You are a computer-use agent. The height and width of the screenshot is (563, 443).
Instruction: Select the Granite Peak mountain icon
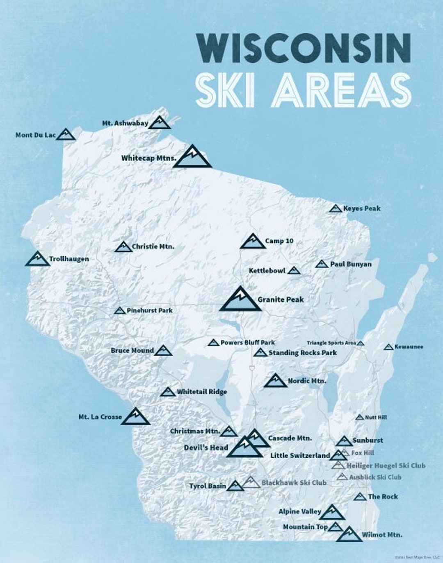(240, 300)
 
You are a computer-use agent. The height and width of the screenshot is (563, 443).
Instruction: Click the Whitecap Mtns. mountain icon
(192, 158)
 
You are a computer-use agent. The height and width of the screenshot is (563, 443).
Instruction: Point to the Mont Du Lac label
(35, 135)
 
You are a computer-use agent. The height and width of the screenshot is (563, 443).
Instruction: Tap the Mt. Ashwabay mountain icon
(159, 123)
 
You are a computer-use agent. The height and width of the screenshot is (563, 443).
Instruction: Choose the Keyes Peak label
(362, 208)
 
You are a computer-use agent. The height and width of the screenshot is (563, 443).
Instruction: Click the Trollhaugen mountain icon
(37, 259)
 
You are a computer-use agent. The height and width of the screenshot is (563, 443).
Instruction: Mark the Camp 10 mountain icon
(253, 242)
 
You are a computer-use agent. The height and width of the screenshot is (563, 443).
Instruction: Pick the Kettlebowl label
(267, 271)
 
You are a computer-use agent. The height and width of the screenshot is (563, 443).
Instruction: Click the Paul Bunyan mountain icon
(322, 264)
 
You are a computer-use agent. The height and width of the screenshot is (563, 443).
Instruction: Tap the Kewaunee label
(409, 347)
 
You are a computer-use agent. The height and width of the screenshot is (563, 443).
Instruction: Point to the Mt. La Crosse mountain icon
(135, 417)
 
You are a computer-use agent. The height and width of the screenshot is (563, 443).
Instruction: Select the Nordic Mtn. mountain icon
(275, 381)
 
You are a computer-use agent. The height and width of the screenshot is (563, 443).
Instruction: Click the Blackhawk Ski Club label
(294, 483)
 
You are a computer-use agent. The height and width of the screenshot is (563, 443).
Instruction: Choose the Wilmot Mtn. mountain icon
(349, 534)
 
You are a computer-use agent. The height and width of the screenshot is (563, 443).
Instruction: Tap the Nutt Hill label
(376, 417)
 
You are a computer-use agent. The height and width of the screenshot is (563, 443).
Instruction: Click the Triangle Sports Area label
(331, 343)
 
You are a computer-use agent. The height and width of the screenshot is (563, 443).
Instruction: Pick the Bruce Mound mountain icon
(163, 350)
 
